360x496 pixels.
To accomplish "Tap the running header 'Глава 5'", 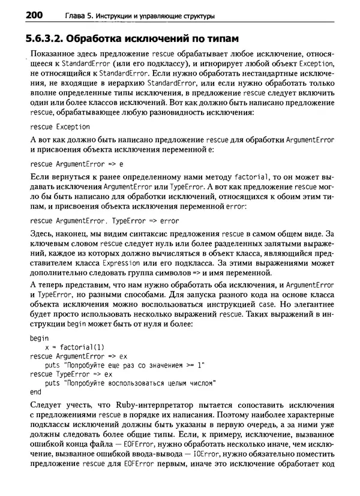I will (x=62, y=14).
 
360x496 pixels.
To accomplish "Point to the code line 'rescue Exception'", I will (x=60, y=127).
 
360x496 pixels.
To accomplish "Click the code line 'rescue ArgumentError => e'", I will (x=76, y=163).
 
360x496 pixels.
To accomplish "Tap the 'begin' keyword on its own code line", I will (x=39, y=338).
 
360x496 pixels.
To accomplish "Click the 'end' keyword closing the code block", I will (x=35, y=392).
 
